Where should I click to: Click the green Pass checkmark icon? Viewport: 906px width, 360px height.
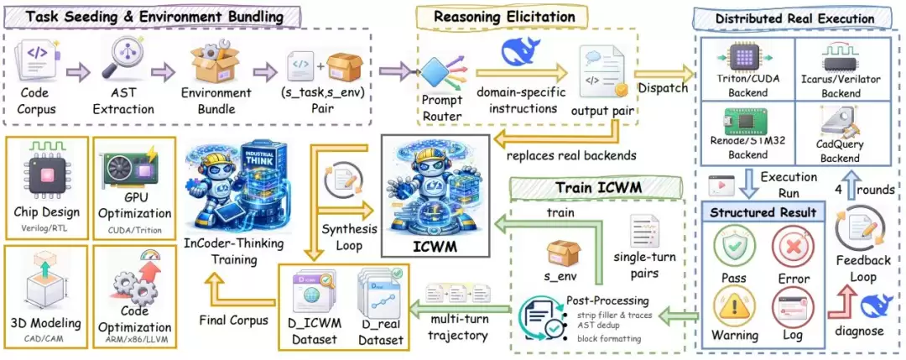pyautogui.click(x=736, y=248)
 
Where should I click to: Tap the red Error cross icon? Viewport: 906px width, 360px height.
pyautogui.click(x=794, y=248)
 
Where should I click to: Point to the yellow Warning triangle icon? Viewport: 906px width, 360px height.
pyautogui.click(x=736, y=306)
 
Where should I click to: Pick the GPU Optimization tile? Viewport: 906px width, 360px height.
pyautogui.click(x=134, y=184)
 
